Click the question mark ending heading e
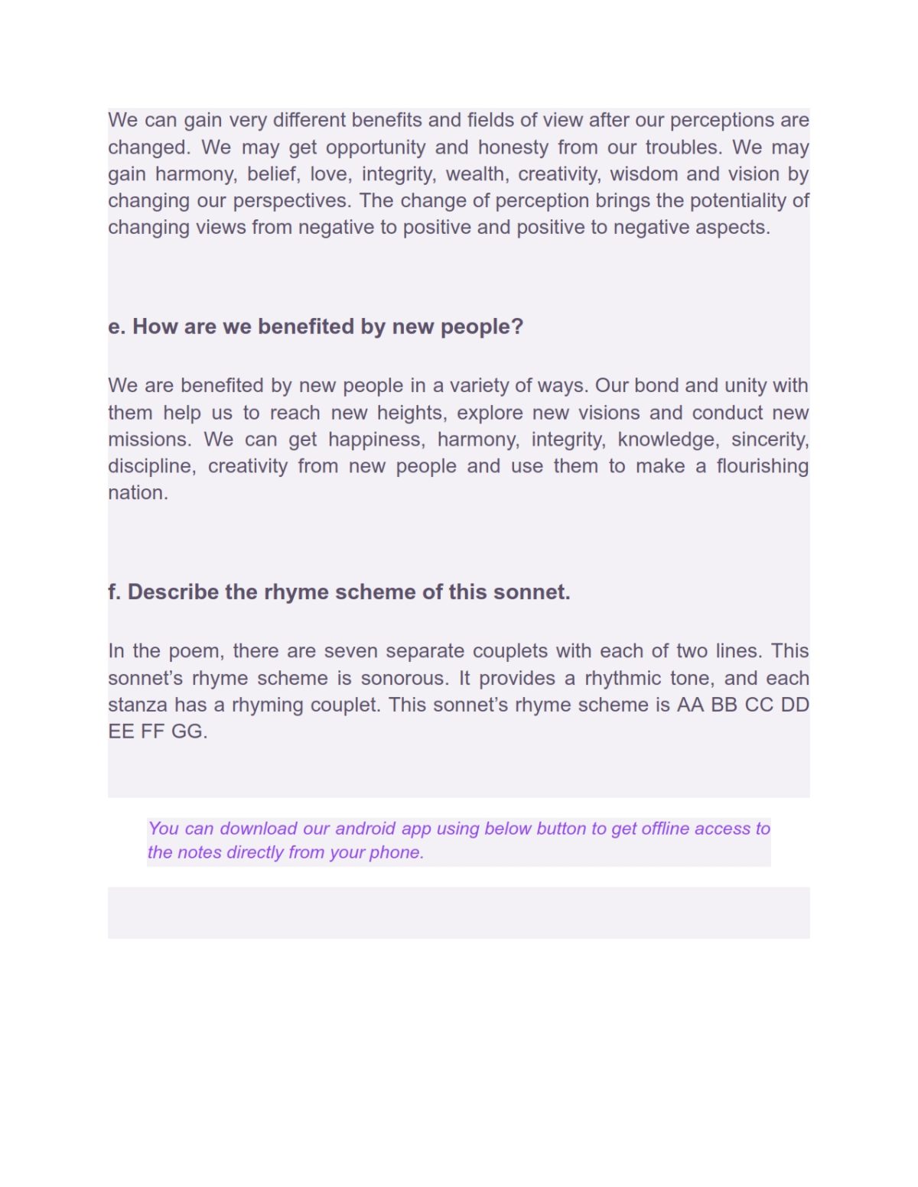click(x=517, y=327)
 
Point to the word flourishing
click(x=762, y=466)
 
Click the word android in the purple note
click(x=366, y=829)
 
